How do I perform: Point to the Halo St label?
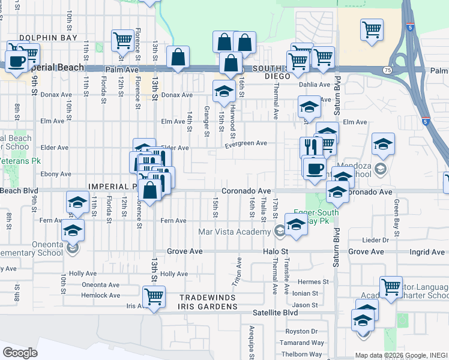(276, 251)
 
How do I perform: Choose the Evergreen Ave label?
(246, 143)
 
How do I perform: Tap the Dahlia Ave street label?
(318, 85)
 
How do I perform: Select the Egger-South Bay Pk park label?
(316, 217)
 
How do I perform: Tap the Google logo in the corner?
(20, 352)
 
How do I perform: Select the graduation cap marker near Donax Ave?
(224, 92)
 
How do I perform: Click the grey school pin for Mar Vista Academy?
(280, 231)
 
